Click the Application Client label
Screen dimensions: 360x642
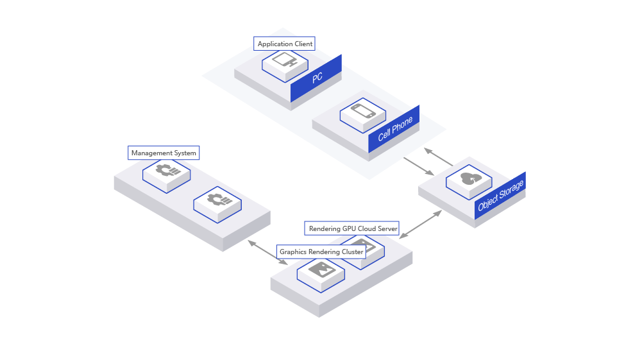285,44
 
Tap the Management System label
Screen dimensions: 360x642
164,153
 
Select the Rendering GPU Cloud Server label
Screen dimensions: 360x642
353,228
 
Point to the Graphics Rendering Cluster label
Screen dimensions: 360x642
321,252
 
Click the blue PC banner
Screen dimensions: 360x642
317,78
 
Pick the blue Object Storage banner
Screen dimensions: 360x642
501,196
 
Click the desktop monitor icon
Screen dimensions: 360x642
285,61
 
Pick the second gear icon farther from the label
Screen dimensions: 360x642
218,200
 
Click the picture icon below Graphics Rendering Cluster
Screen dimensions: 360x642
321,270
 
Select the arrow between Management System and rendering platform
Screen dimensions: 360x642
267,252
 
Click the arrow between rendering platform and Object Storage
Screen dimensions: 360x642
421,224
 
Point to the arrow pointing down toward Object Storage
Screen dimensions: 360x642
419,166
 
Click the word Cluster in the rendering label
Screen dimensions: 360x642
351,252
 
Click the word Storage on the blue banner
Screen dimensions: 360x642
509,192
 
